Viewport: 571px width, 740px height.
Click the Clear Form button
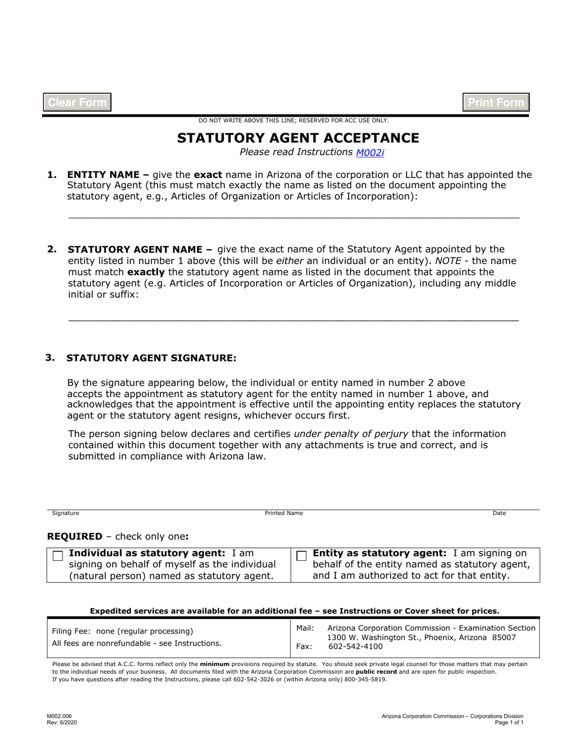pos(77,102)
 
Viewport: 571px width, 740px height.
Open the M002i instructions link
pos(370,153)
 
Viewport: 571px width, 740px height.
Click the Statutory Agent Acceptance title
pos(298,138)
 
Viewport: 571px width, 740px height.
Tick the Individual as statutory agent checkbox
pos(58,556)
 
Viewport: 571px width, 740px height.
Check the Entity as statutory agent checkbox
pos(302,556)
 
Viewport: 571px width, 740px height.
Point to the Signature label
pos(66,513)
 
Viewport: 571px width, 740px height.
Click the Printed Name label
pos(284,513)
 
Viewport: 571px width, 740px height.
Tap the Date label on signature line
pos(499,513)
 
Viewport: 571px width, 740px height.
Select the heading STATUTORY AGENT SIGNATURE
pos(151,358)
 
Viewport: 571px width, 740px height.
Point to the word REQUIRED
pos(75,536)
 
